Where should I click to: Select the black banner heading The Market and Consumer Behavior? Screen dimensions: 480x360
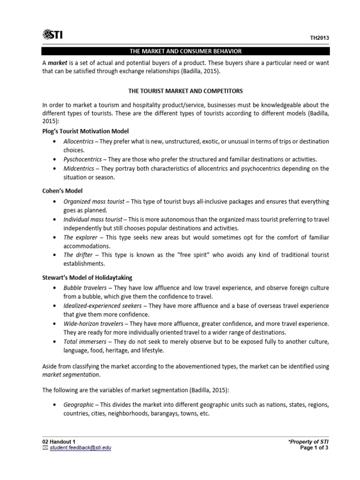click(x=186, y=51)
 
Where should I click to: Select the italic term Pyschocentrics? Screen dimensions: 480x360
click(x=83, y=159)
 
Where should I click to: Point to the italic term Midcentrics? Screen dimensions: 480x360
click(x=79, y=168)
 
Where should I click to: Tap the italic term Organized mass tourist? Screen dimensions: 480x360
click(x=94, y=201)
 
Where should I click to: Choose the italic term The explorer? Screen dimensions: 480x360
click(x=78, y=237)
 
